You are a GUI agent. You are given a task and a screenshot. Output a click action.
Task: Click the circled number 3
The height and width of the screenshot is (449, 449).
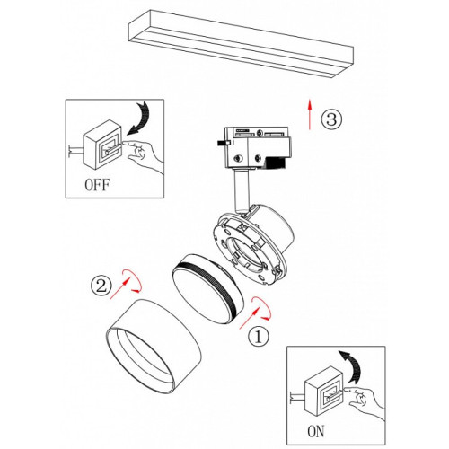(331, 119)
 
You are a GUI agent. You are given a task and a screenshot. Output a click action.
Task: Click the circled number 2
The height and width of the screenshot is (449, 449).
(101, 286)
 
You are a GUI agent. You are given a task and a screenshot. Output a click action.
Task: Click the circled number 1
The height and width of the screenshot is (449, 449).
(259, 336)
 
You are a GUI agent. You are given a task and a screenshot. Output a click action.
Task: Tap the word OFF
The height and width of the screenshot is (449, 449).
(97, 185)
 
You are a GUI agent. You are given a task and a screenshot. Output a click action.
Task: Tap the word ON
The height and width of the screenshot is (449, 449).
(315, 431)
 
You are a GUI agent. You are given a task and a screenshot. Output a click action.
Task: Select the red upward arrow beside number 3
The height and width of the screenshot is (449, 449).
(310, 114)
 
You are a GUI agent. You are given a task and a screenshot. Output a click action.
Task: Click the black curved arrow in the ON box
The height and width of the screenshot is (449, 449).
(352, 365)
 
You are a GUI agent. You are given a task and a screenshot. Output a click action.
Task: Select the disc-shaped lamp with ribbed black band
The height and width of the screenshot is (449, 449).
(208, 289)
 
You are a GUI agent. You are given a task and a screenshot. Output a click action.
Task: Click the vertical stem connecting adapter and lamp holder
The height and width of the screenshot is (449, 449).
(242, 191)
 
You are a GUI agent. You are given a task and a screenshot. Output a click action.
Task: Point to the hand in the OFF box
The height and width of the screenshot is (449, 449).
(144, 155)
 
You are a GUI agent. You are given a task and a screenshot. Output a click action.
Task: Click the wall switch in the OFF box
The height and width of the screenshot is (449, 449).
(102, 145)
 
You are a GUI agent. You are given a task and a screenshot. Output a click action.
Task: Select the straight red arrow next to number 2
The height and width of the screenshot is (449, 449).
(120, 288)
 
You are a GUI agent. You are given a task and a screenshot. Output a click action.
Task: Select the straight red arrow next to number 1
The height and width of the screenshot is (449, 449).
(249, 319)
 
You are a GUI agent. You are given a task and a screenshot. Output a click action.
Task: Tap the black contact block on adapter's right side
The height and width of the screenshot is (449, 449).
(276, 163)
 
